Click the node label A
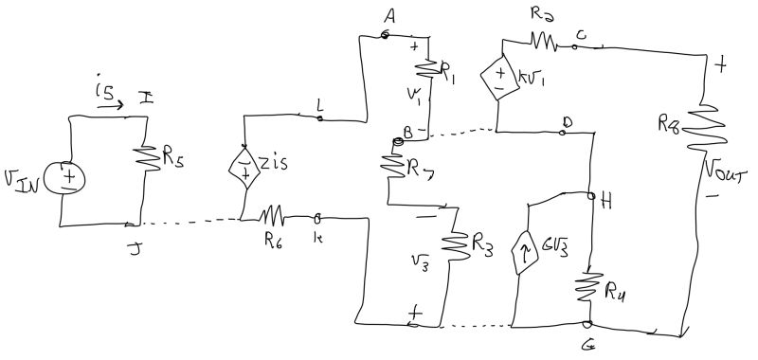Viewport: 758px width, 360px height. click(388, 15)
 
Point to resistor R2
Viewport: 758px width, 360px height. click(544, 41)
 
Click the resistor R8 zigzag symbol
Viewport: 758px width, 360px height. click(700, 124)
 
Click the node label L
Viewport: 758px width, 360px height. click(320, 109)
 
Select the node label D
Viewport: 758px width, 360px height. click(568, 122)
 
